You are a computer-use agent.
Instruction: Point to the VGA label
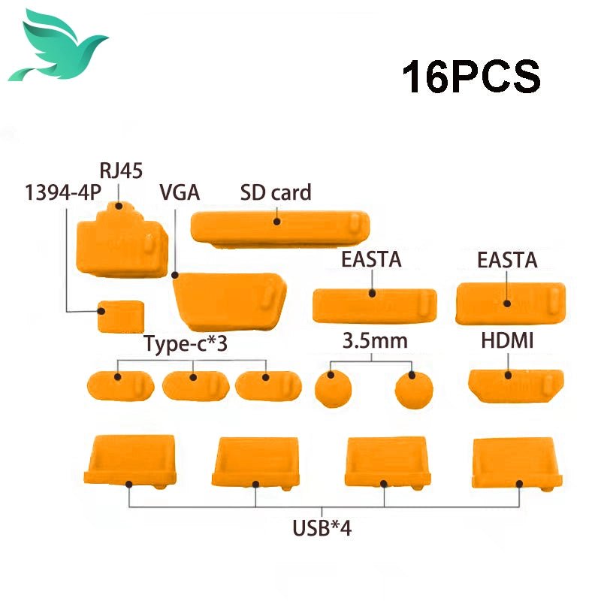point(179,192)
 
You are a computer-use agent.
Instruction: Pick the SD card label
point(276,192)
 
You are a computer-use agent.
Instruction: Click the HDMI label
point(507,341)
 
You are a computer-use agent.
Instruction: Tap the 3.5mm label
point(375,341)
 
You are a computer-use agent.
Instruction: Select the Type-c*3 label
point(185,345)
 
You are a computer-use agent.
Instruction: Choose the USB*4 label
point(322,527)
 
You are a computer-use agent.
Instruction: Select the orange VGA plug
point(228,304)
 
